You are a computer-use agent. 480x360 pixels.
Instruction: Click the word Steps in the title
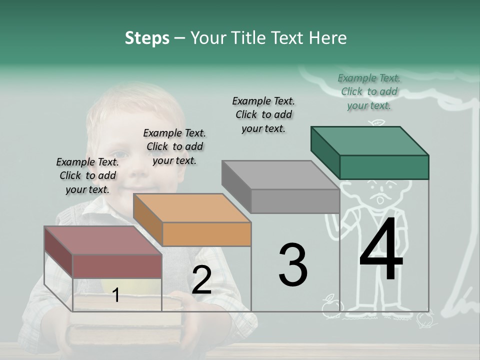pos(147,38)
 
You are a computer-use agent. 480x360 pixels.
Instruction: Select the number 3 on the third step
pos(292,264)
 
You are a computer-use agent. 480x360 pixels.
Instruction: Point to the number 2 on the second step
pos(201,280)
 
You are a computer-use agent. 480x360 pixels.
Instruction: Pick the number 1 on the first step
pos(115,295)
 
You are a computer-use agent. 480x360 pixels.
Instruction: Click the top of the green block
pos(369,140)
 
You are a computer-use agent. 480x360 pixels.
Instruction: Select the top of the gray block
pos(280,175)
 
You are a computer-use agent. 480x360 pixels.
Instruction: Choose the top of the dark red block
pos(102,240)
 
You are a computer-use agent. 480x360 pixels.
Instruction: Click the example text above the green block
pos(369,91)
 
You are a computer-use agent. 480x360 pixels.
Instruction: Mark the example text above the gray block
pos(263,114)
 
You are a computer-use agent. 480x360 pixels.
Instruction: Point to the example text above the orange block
pos(174,146)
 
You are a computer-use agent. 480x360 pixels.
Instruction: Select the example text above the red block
pos(87,175)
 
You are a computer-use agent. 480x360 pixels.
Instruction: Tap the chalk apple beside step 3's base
pos(329,306)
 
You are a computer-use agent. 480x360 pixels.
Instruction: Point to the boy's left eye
pos(117,153)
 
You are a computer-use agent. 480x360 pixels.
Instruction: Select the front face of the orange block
pos(206,234)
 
